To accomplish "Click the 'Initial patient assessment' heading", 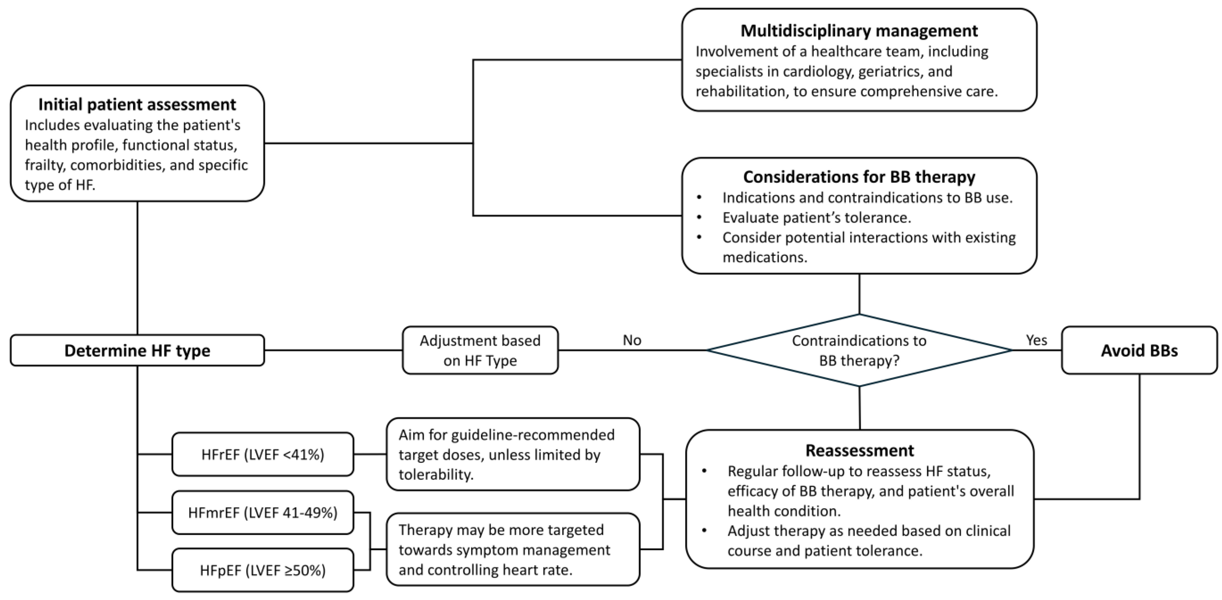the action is click(x=137, y=104).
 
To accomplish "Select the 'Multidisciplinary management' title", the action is click(x=859, y=31).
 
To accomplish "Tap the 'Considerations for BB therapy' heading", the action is click(x=859, y=177).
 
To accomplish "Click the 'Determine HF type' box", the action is click(x=137, y=350).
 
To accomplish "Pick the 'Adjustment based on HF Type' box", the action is click(x=480, y=350).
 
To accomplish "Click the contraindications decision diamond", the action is click(x=859, y=350).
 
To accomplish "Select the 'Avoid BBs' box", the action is click(x=1139, y=350).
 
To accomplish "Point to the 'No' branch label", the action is click(x=632, y=340).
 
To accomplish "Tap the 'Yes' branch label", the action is click(x=1037, y=340).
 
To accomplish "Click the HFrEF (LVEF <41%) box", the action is click(x=263, y=454).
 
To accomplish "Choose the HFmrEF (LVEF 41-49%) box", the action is click(x=263, y=513).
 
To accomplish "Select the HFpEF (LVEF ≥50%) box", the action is click(x=263, y=570).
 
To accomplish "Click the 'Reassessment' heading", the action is click(x=860, y=451).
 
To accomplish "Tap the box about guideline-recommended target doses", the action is click(x=513, y=454).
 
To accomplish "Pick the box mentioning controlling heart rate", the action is click(x=513, y=549).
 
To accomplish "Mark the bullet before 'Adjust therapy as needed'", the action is click(x=704, y=530).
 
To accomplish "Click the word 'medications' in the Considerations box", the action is click(x=765, y=257).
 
